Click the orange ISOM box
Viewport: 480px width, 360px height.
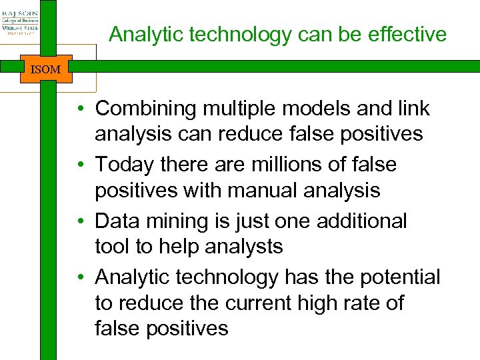click(45, 69)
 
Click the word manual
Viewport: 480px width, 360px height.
click(261, 191)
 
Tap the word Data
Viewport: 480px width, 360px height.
click(118, 221)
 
